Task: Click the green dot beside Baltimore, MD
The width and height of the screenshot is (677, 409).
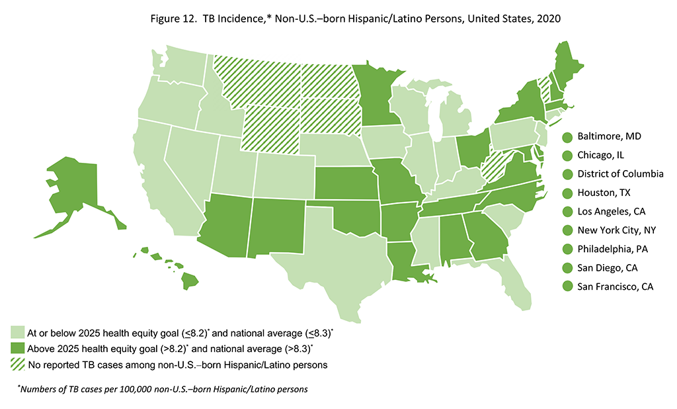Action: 567,137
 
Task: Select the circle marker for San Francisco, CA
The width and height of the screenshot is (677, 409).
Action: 567,287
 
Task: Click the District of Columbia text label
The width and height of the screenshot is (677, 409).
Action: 620,174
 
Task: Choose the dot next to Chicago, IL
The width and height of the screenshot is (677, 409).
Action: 567,156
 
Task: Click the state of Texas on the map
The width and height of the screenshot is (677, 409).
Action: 331,258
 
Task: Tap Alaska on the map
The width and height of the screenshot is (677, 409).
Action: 73,192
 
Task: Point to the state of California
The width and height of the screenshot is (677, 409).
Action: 159,172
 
